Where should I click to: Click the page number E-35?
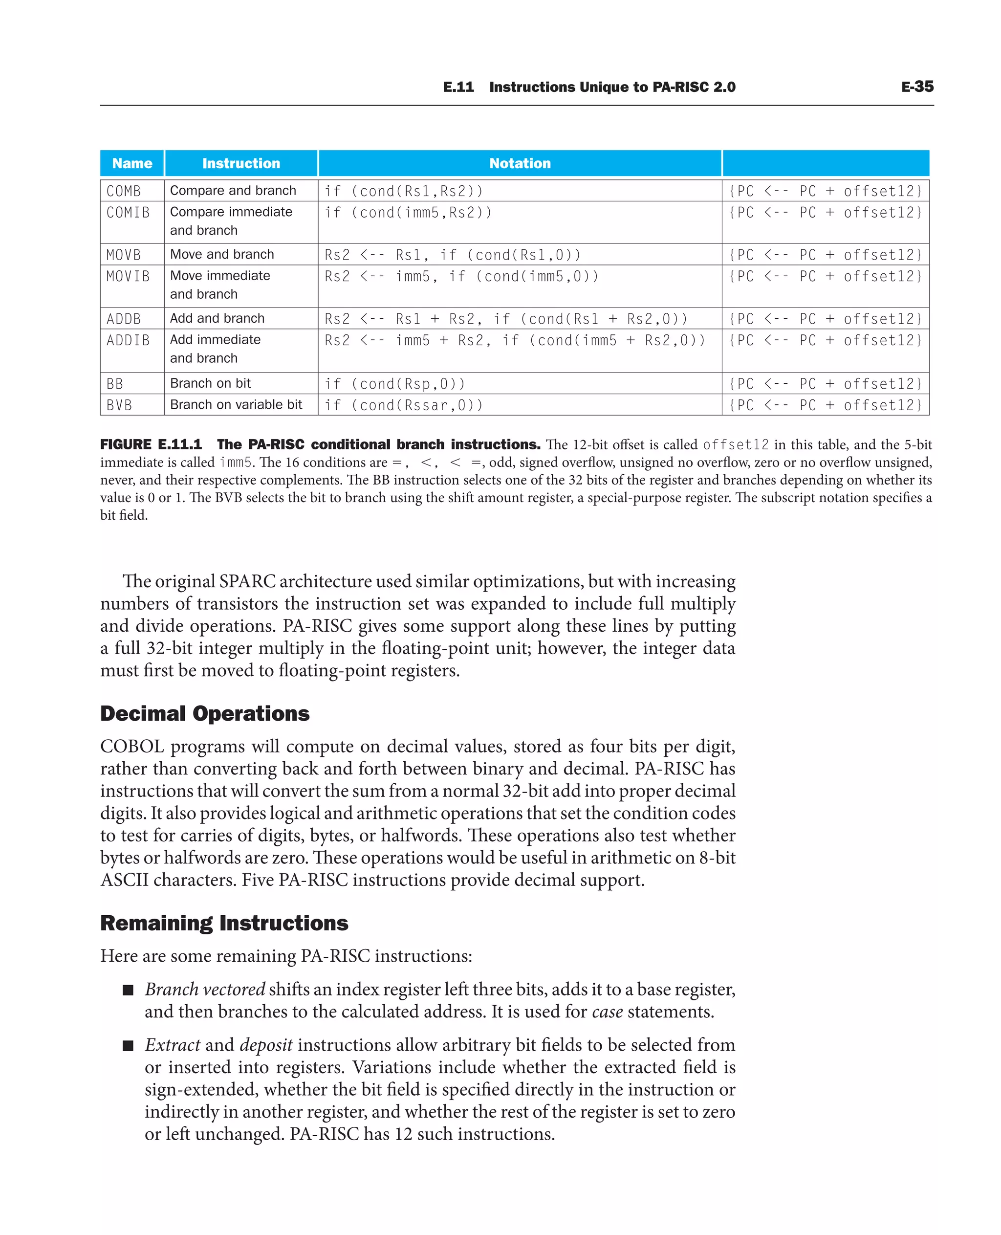click(917, 87)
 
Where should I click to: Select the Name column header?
click(132, 163)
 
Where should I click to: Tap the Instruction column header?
click(241, 163)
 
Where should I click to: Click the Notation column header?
click(520, 163)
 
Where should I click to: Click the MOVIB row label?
click(128, 276)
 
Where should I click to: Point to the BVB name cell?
click(119, 405)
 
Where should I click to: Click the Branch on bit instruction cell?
click(211, 384)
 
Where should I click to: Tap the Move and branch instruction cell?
click(222, 254)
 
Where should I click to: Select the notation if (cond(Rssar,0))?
click(404, 405)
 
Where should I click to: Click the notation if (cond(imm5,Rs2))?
click(408, 213)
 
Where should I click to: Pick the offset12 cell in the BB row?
click(825, 384)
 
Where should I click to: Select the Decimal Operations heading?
click(205, 713)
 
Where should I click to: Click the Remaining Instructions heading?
click(224, 923)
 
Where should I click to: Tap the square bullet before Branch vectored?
click(128, 991)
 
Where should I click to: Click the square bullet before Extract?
click(128, 1046)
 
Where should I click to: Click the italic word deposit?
click(266, 1045)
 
